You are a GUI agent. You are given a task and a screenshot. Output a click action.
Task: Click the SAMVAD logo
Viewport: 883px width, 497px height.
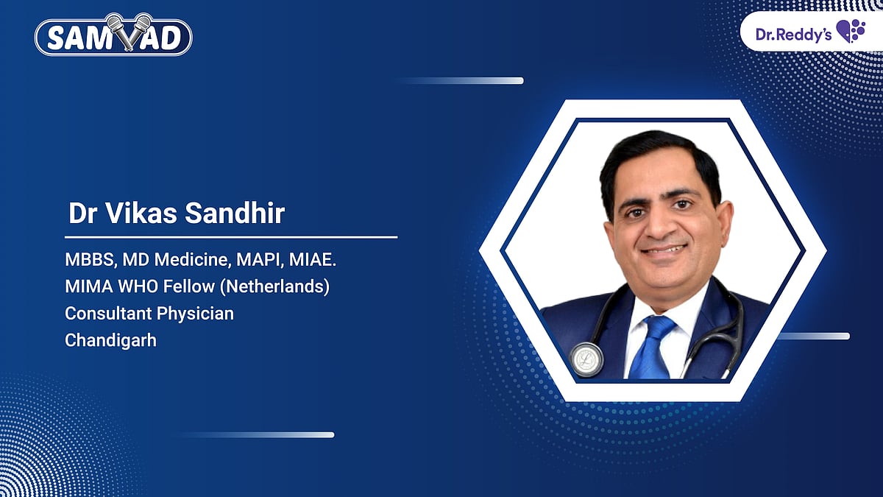click(113, 35)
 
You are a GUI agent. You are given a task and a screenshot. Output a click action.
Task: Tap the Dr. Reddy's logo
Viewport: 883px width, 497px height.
click(810, 32)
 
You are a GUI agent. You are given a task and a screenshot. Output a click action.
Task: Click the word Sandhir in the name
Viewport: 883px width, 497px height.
click(235, 214)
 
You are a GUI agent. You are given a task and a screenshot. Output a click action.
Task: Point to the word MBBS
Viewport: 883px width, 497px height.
click(91, 260)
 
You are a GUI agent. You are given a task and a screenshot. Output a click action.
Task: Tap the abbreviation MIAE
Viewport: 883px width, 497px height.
click(313, 260)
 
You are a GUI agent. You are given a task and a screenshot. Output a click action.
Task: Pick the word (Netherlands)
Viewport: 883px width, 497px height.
click(274, 286)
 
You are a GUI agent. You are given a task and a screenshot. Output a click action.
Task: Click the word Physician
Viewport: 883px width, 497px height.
click(195, 314)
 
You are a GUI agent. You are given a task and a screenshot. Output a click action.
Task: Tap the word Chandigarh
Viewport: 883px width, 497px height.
click(111, 340)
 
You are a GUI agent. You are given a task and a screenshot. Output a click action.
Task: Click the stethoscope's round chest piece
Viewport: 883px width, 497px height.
click(586, 359)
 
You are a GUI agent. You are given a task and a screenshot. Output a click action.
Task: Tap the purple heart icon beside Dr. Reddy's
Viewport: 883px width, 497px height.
click(851, 31)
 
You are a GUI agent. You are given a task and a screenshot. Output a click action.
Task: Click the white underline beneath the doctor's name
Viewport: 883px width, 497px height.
click(231, 237)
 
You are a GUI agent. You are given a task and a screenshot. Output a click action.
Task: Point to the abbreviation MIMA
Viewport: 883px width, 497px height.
click(89, 286)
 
